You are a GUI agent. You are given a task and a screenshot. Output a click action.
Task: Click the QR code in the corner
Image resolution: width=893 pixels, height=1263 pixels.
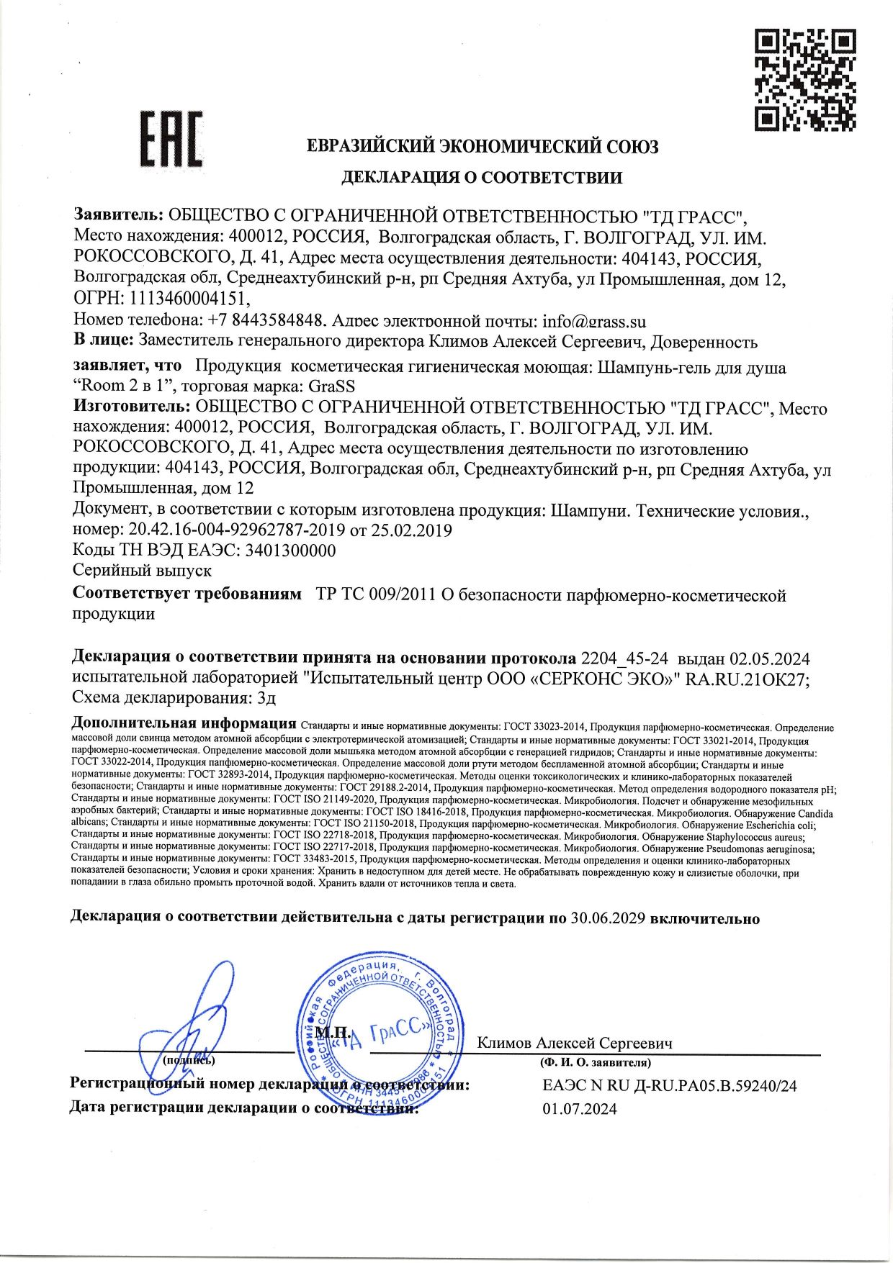(x=806, y=79)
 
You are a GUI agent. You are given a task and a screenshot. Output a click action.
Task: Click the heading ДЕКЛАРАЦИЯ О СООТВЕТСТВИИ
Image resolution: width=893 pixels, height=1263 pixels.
(x=481, y=177)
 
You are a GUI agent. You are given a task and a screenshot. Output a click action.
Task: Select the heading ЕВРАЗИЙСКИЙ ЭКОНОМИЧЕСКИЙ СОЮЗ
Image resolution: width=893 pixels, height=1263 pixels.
(x=483, y=147)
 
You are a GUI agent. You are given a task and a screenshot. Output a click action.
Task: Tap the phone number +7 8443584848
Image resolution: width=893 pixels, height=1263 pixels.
(x=268, y=320)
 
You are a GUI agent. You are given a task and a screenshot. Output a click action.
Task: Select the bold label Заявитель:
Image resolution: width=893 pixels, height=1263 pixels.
(x=120, y=215)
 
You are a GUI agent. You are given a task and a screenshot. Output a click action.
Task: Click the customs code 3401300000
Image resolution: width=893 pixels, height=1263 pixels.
(x=290, y=551)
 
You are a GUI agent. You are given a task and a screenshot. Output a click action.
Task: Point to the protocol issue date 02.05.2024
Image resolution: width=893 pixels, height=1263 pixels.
(x=770, y=658)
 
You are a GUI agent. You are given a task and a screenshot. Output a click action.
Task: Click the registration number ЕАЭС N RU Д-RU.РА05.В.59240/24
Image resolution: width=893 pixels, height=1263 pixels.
(x=669, y=1086)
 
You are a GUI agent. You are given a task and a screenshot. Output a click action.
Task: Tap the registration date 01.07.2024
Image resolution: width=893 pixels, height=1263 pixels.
(x=579, y=1109)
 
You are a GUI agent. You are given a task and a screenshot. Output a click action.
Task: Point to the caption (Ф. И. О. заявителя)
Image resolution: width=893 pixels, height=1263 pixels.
(x=596, y=1062)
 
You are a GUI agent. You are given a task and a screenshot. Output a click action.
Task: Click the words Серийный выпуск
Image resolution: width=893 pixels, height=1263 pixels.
(x=143, y=571)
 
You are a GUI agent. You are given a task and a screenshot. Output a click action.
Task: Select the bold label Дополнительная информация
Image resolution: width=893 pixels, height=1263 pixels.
(x=184, y=723)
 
